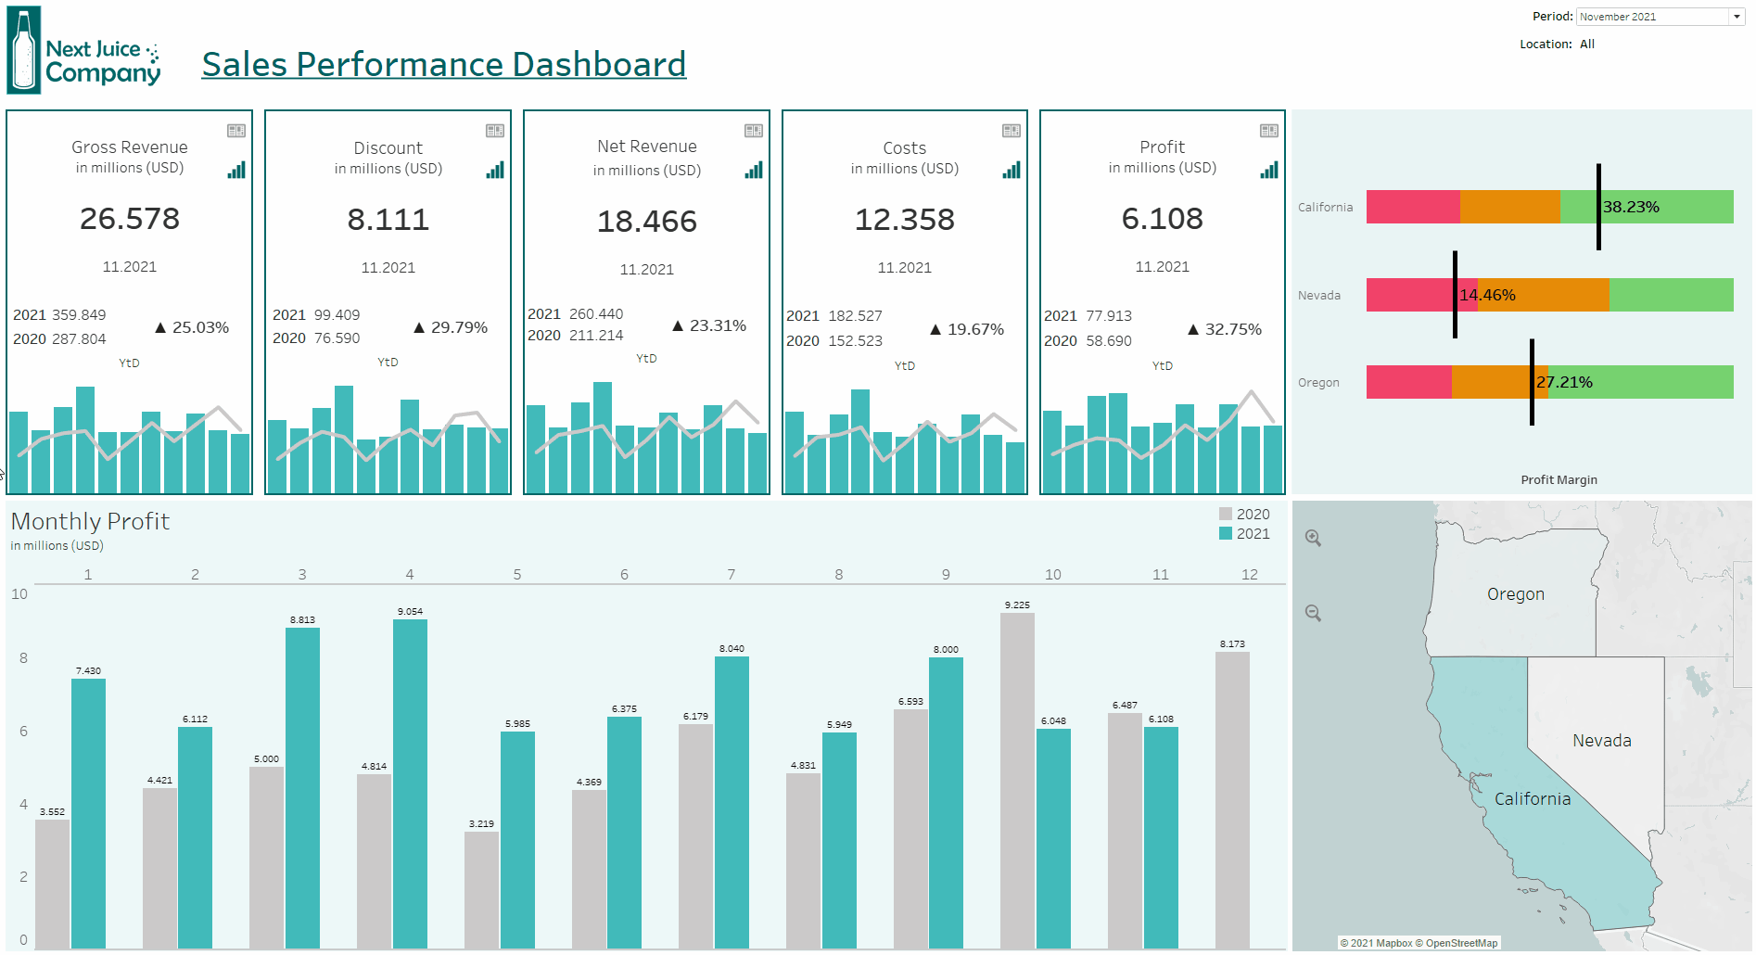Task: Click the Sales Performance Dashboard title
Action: (x=443, y=64)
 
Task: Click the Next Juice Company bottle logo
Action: (x=24, y=50)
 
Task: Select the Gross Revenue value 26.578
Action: (x=130, y=219)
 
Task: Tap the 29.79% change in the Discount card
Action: (x=459, y=327)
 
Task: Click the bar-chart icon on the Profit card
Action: (x=1268, y=170)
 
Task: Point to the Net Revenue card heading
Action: (x=646, y=146)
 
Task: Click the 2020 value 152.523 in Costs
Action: (x=855, y=340)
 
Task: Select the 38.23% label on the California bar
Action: (x=1631, y=207)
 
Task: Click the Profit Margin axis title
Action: (x=1559, y=479)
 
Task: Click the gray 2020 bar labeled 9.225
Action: (x=1017, y=779)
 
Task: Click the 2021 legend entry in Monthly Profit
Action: (x=1244, y=534)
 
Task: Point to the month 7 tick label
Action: (x=732, y=575)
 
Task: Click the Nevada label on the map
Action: (x=1601, y=740)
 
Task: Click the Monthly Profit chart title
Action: (x=90, y=521)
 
